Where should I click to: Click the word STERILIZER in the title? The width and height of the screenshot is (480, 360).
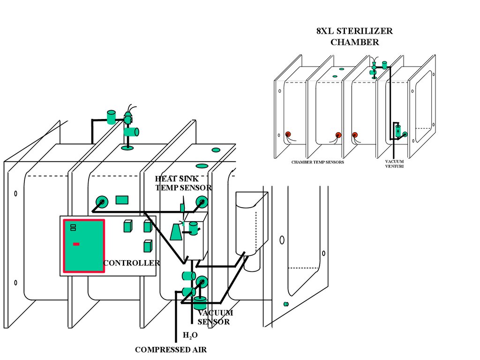coord(364,31)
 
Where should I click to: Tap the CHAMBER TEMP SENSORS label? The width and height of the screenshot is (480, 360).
coord(317,162)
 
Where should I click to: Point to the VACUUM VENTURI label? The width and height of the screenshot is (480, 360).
coord(394,164)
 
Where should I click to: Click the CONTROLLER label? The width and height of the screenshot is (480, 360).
coord(132,263)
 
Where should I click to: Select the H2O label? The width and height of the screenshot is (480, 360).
coord(190,335)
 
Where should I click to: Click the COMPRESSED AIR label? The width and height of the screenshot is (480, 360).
coord(171,350)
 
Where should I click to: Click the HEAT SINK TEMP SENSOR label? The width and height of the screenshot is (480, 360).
coord(183,183)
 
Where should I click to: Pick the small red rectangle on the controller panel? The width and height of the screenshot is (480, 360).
coord(76,244)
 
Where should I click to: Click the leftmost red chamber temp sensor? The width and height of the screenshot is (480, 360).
coord(288,134)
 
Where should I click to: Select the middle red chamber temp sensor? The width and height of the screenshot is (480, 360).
coord(338,135)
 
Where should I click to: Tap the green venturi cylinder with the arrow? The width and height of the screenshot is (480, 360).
coord(397,131)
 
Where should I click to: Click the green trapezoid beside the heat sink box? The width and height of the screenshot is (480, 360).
coord(176,232)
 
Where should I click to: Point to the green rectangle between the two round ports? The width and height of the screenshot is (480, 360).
coord(122,200)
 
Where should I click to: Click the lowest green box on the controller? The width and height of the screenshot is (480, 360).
coord(148,246)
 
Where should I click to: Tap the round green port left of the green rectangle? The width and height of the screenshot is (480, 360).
coord(102,202)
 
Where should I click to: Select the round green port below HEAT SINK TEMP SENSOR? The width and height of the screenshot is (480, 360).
coord(202,202)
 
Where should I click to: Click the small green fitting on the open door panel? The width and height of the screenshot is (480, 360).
coord(286,304)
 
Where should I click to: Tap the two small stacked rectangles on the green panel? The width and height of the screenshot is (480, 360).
coord(73,227)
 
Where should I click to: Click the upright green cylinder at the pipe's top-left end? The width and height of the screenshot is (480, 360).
coord(111,118)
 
